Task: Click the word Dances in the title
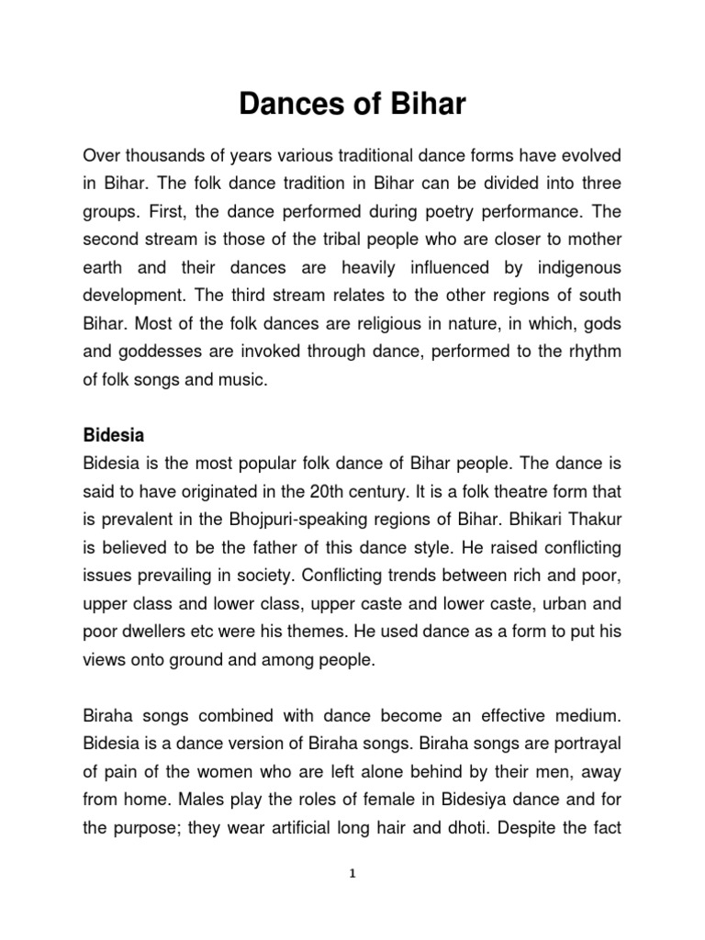pyautogui.click(x=287, y=105)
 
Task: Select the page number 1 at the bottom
pyautogui.click(x=352, y=874)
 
